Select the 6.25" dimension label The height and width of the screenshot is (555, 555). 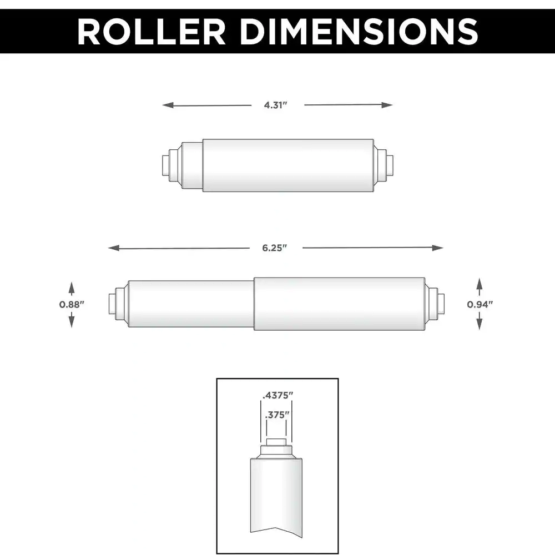276,248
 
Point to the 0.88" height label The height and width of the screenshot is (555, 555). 72,304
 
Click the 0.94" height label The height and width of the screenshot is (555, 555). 480,304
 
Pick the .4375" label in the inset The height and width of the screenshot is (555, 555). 277,396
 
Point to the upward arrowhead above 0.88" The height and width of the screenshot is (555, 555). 72,286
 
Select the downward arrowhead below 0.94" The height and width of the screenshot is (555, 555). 480,325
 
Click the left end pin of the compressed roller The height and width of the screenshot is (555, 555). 165,165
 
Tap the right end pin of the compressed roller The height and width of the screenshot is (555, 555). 390,165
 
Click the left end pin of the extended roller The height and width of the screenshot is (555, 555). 111,305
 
